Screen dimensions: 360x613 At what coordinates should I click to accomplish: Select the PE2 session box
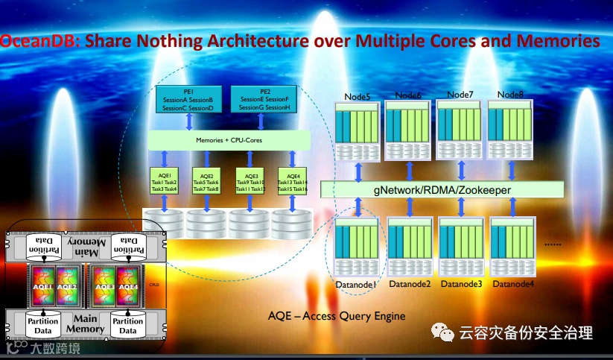[x=264, y=100]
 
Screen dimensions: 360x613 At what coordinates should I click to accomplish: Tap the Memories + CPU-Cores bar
[x=229, y=139]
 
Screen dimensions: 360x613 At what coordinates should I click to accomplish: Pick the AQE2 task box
[x=207, y=182]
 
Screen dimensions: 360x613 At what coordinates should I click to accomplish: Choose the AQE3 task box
[x=250, y=182]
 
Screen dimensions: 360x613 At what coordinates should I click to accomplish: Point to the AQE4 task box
[x=293, y=182]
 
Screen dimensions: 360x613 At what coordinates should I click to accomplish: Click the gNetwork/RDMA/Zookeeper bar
[x=437, y=190]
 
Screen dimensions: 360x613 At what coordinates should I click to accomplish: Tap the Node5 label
[x=358, y=96]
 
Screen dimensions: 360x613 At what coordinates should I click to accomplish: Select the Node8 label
[x=511, y=95]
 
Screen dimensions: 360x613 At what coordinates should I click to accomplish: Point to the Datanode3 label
[x=461, y=284]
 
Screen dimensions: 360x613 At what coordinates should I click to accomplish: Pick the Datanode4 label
[x=513, y=284]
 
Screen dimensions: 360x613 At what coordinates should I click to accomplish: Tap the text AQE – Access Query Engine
[x=337, y=316]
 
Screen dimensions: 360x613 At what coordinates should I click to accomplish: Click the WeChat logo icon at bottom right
[x=445, y=333]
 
